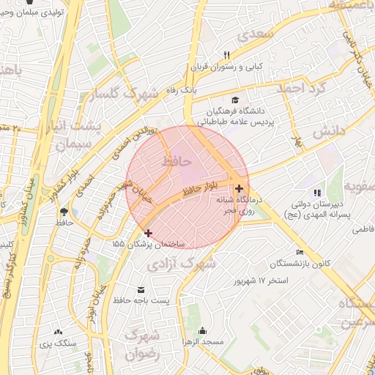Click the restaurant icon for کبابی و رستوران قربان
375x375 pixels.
pyautogui.click(x=226, y=56)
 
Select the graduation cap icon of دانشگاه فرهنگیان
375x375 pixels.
pyautogui.click(x=234, y=100)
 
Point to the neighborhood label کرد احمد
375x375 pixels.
pyautogui.click(x=298, y=87)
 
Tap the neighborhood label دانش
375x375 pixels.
pyautogui.click(x=329, y=132)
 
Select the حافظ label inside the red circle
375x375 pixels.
pyautogui.click(x=177, y=159)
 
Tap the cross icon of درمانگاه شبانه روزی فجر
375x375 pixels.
pyautogui.click(x=239, y=188)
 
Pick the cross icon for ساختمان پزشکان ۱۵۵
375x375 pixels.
pyautogui.click(x=149, y=232)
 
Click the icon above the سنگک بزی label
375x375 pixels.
pyautogui.click(x=58, y=332)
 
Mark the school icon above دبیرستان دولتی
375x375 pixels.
pyautogui.click(x=317, y=192)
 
